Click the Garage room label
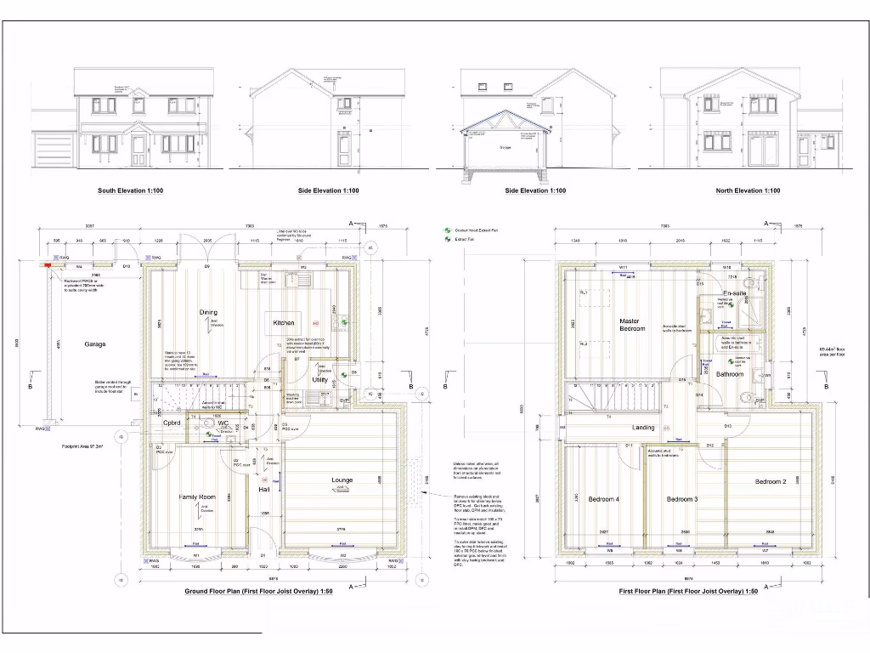(x=95, y=344)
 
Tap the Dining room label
(x=208, y=313)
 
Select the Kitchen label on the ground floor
(x=283, y=323)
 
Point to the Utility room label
(x=319, y=380)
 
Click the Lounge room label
(x=342, y=480)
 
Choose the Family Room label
(x=197, y=497)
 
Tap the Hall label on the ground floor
(x=264, y=490)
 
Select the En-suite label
(x=735, y=293)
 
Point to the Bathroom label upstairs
(x=729, y=374)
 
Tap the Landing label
(x=643, y=428)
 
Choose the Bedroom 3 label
(x=681, y=499)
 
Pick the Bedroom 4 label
(x=603, y=499)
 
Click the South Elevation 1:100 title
(x=131, y=190)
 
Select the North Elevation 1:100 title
(x=749, y=190)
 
